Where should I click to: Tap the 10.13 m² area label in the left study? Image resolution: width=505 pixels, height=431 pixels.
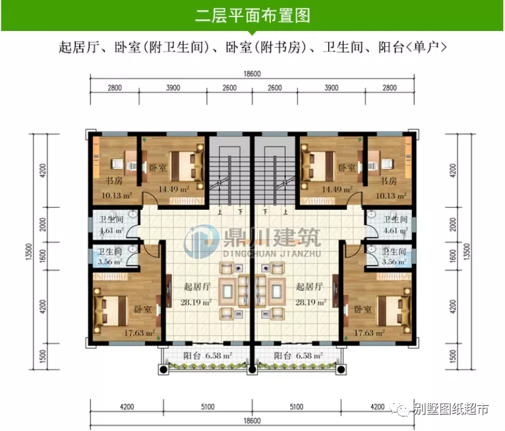[117, 195]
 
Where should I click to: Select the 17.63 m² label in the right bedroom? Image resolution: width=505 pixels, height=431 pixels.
[370, 333]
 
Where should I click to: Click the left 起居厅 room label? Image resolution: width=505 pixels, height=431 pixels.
[197, 287]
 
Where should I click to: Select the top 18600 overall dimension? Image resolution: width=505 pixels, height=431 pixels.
[252, 74]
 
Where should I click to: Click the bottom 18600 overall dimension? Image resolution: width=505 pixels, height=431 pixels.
[252, 420]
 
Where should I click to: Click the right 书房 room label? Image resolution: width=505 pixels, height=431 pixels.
[388, 181]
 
